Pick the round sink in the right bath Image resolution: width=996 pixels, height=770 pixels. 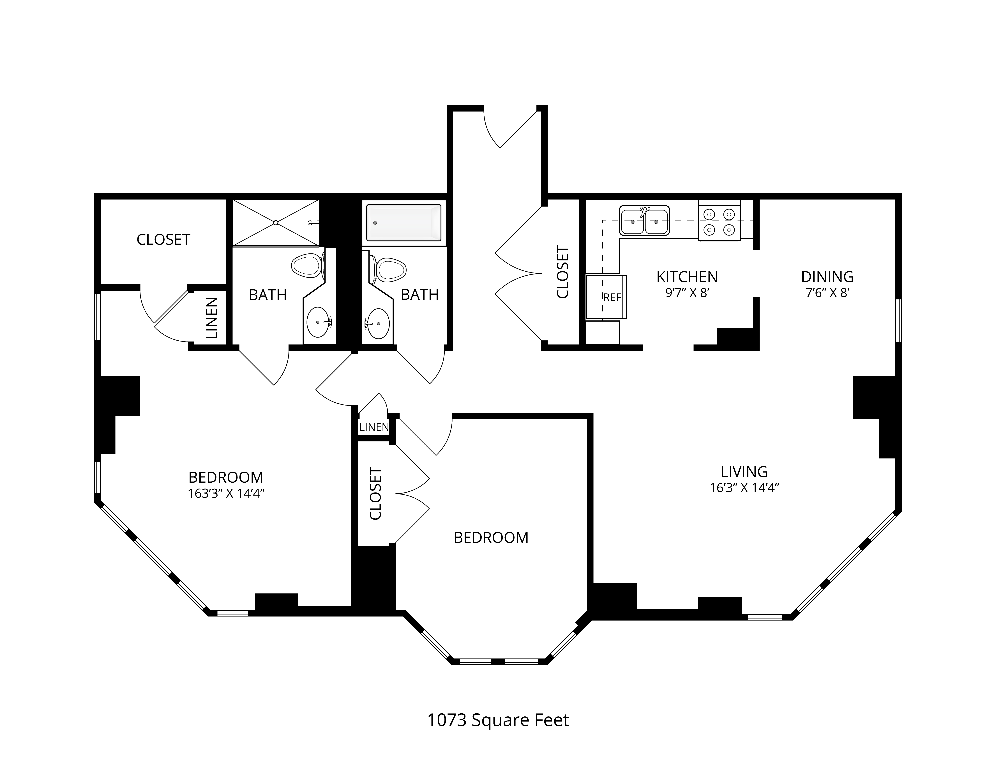coord(377,323)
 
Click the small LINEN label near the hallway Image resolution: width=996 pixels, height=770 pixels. coord(374,427)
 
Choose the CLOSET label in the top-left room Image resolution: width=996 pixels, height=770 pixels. coord(163,239)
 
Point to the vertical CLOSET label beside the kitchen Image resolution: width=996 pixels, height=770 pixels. coord(563,272)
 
